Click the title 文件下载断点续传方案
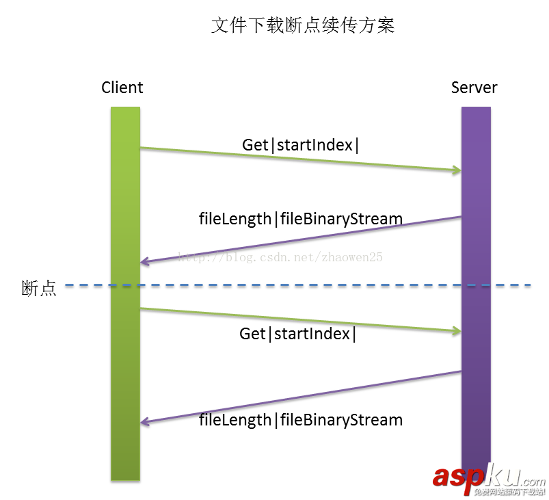click(x=303, y=26)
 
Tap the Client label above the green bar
click(x=122, y=88)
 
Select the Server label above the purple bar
click(x=474, y=88)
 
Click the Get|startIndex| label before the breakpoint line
click(x=301, y=145)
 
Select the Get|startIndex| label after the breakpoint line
click(x=298, y=334)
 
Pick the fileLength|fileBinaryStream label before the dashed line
click(x=301, y=219)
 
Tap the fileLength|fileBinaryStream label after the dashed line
click(x=301, y=419)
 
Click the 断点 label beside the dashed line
click(x=38, y=289)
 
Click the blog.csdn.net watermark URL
click(x=280, y=258)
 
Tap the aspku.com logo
click(x=488, y=476)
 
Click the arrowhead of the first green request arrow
click(x=457, y=170)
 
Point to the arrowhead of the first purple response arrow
click(x=144, y=262)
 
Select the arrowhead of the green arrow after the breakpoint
click(x=457, y=332)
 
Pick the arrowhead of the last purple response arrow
click(x=144, y=422)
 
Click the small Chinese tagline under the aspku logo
click(x=510, y=492)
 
